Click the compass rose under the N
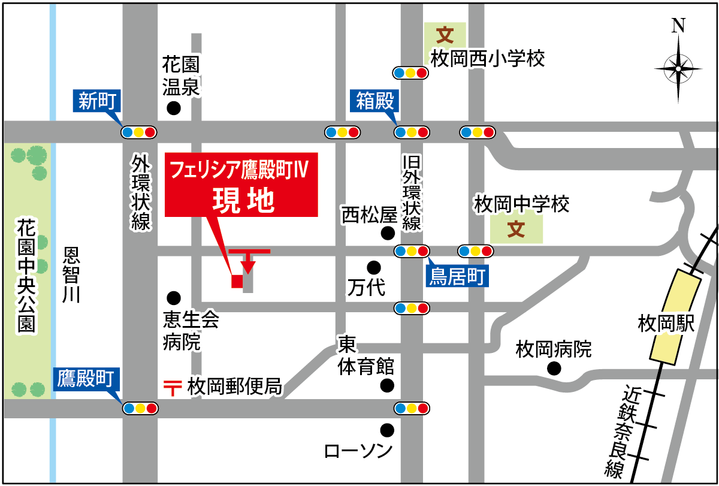(678, 68)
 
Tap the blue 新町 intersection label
(98, 101)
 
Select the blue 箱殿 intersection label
(376, 101)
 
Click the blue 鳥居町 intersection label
(457, 276)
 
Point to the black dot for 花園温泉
(174, 108)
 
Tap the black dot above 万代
(374, 267)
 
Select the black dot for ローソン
(387, 430)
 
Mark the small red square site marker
(237, 281)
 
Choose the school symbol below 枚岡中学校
(516, 230)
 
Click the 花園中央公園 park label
(26, 275)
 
